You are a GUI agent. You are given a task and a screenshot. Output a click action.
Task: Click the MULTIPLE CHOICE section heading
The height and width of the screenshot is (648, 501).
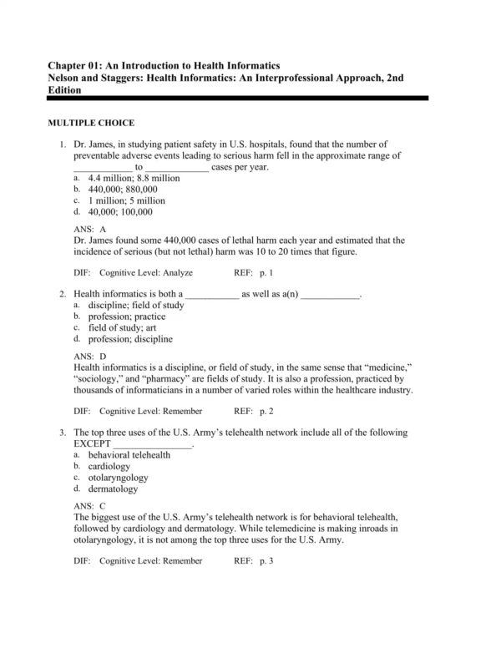(x=91, y=123)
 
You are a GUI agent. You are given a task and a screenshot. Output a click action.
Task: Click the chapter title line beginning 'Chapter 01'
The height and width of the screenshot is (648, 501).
(x=164, y=65)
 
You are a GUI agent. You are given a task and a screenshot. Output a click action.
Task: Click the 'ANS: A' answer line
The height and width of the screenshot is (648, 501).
(x=90, y=229)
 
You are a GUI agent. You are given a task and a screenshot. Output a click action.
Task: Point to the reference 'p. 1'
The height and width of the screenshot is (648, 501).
(x=266, y=273)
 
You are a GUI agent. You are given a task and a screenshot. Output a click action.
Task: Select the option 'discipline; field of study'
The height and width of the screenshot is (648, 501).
(x=135, y=306)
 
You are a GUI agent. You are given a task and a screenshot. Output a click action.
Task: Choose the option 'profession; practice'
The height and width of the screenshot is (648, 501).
(x=126, y=317)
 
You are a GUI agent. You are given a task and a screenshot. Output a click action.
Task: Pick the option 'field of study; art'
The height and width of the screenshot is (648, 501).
(x=121, y=328)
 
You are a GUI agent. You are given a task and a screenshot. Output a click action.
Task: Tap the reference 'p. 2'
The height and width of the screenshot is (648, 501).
(x=266, y=412)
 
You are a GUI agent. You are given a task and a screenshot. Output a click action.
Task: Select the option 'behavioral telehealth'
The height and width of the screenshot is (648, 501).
(x=129, y=455)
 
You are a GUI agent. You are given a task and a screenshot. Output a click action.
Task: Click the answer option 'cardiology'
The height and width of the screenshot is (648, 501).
(x=109, y=467)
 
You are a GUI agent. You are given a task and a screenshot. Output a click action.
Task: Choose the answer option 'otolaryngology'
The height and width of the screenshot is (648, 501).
(x=118, y=478)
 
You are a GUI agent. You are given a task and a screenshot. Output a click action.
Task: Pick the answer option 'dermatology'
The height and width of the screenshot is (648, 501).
(x=113, y=489)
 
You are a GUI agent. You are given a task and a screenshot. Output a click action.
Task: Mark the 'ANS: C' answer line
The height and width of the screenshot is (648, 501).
(x=90, y=506)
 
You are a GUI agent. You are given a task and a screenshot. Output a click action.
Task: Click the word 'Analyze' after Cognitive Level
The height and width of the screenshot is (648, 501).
(x=176, y=273)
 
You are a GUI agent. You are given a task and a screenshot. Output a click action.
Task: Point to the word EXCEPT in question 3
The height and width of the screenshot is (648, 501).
(x=92, y=443)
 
